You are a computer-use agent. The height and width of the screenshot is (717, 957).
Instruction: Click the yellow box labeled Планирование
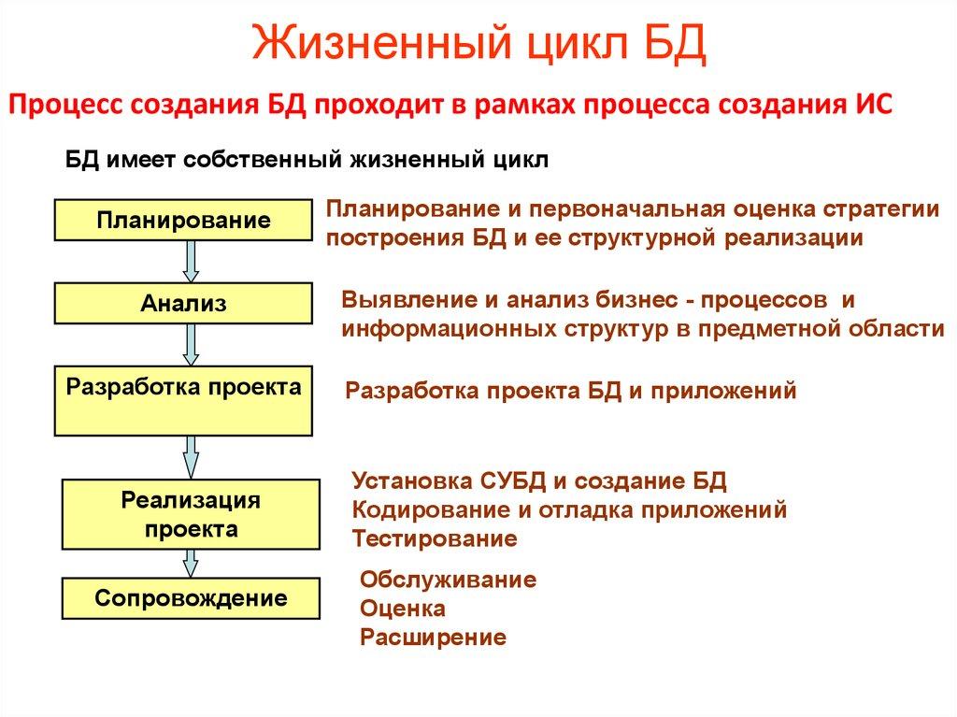(183, 221)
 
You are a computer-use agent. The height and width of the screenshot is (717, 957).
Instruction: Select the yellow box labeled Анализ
(183, 304)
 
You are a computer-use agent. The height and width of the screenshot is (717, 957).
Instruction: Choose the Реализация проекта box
(191, 514)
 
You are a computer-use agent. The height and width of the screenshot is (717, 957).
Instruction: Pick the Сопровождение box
(191, 598)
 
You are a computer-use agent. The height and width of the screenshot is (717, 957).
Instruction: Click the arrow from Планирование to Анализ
(191, 262)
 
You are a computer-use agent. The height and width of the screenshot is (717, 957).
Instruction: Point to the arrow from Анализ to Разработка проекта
(191, 345)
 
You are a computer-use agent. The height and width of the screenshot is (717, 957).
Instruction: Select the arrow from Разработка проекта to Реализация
(191, 457)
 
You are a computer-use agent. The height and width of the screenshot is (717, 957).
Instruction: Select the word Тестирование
(434, 539)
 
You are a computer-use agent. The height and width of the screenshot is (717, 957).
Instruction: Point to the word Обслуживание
(448, 580)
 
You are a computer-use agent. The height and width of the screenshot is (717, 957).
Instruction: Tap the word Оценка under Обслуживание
(402, 609)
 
